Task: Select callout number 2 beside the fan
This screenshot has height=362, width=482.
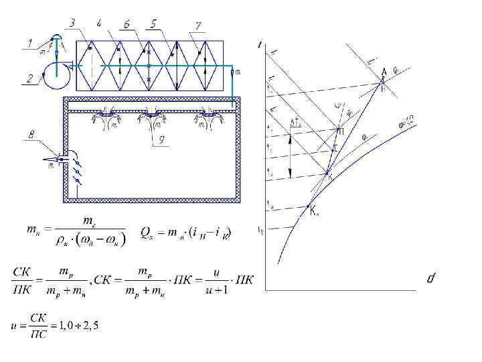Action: (29, 78)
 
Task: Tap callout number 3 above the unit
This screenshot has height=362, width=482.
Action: (73, 24)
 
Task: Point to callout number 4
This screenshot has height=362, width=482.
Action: (99, 24)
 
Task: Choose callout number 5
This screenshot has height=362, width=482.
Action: (154, 24)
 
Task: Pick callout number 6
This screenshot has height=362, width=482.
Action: (126, 24)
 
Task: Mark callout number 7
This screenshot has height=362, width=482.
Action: (198, 25)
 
